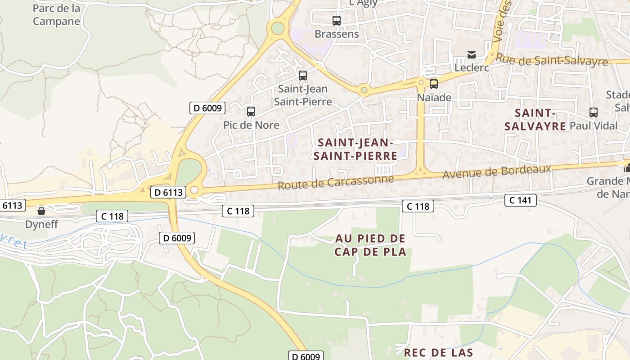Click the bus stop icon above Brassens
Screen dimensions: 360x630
337,20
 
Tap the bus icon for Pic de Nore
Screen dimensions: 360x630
251,111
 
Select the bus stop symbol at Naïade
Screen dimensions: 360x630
434,84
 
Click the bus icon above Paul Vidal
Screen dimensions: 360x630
594,112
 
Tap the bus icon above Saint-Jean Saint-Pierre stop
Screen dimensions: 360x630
303,75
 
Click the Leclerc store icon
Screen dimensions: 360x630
471,55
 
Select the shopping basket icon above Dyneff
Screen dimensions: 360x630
41,211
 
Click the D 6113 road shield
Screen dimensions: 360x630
168,192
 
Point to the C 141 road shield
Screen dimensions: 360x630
521,200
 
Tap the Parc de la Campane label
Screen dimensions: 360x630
56,15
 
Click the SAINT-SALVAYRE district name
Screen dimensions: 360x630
535,119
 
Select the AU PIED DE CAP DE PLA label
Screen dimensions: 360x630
370,245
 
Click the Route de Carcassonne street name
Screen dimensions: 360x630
335,182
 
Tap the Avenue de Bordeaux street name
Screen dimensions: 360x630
497,171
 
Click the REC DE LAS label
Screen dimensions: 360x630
438,352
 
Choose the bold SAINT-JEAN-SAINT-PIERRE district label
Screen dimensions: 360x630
357,149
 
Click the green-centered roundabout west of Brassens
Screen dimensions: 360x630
278,28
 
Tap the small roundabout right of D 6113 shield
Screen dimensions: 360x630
194,190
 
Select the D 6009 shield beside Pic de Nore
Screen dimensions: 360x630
207,108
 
